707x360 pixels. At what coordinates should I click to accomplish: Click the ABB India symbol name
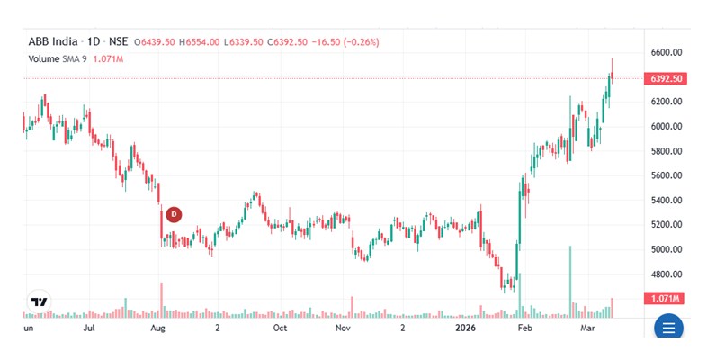[x=49, y=42]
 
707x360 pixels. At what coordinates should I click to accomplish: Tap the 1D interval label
[x=93, y=42]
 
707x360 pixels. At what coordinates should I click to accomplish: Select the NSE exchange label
[x=118, y=42]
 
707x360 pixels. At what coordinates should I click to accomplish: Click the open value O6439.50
[x=155, y=42]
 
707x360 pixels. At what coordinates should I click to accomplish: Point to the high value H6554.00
[x=200, y=42]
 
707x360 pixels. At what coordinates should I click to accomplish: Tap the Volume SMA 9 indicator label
[x=57, y=59]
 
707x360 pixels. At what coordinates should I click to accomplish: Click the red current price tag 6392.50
[x=666, y=78]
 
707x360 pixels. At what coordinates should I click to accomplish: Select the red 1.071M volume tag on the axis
[x=664, y=298]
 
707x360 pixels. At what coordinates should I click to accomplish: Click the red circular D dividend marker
[x=175, y=214]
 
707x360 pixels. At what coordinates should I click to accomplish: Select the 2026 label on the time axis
[x=465, y=329]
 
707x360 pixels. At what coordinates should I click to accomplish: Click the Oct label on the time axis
[x=280, y=329]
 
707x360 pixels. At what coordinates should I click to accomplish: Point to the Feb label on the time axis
[x=526, y=329]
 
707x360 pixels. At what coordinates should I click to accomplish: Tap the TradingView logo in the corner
[x=40, y=302]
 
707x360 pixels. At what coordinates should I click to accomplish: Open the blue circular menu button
[x=668, y=328]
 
